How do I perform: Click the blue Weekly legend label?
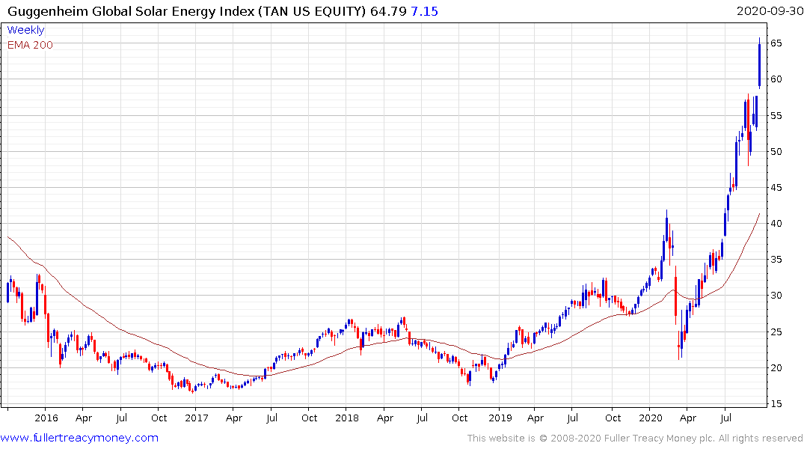coord(25,30)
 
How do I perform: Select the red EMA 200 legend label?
coord(30,45)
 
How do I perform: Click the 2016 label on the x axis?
coord(46,418)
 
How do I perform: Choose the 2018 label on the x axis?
coord(347,418)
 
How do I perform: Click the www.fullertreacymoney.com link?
coord(79,438)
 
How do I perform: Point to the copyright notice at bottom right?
coord(635,439)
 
